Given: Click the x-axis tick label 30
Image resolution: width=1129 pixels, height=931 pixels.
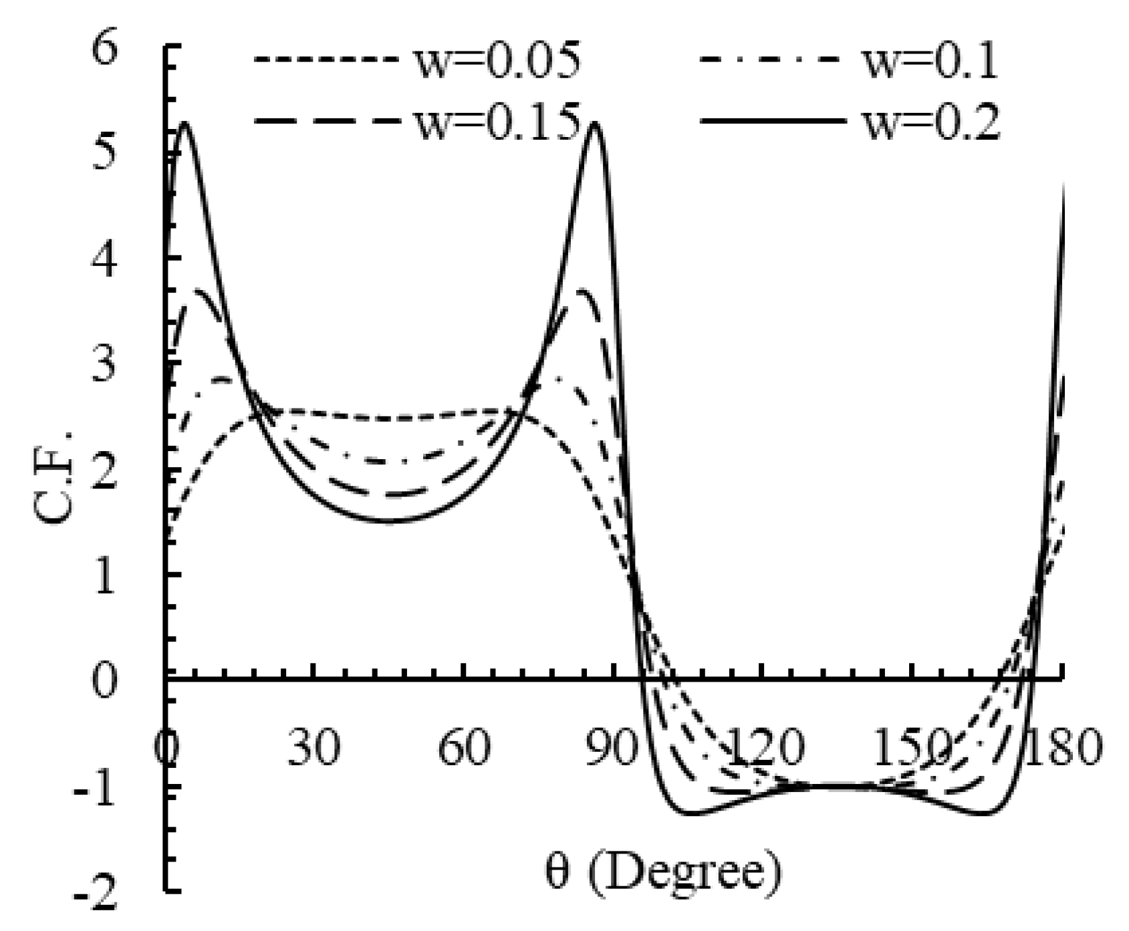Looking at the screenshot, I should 313,746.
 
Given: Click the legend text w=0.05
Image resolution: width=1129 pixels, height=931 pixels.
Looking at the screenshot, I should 497,61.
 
